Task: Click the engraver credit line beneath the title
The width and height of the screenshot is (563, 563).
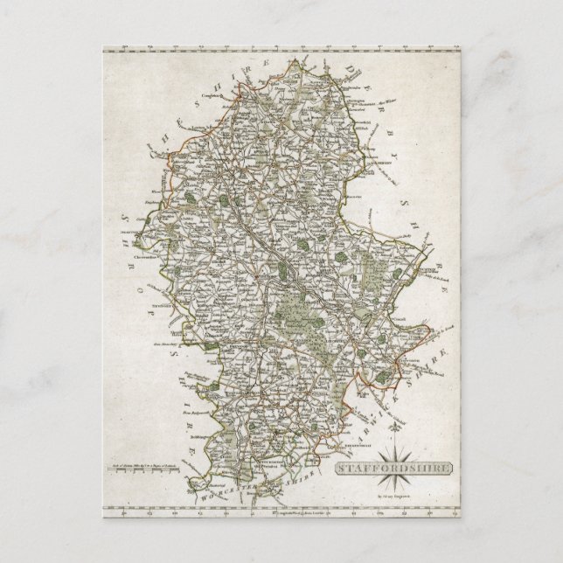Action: (409, 487)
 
